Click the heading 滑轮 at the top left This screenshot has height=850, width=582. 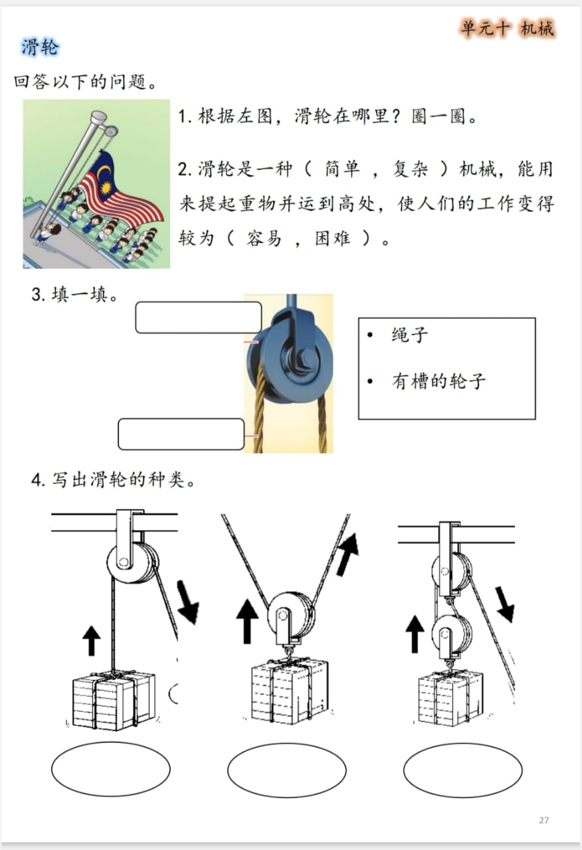[x=40, y=47]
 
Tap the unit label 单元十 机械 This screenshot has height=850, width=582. [x=507, y=29]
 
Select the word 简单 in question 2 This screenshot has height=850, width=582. [x=342, y=169]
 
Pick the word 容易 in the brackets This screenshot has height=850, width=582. [x=264, y=238]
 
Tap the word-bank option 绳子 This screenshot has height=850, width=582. [x=409, y=335]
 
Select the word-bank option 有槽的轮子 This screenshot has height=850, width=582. [x=438, y=381]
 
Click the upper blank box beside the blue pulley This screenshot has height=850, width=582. [x=198, y=317]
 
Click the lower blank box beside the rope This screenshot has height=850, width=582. [x=181, y=434]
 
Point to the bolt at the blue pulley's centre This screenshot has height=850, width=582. [x=307, y=359]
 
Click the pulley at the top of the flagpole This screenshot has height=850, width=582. [x=110, y=131]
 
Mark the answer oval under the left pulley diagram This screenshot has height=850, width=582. [x=110, y=769]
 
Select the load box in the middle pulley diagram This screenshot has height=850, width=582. [x=290, y=691]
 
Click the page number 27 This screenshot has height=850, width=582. [x=543, y=820]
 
